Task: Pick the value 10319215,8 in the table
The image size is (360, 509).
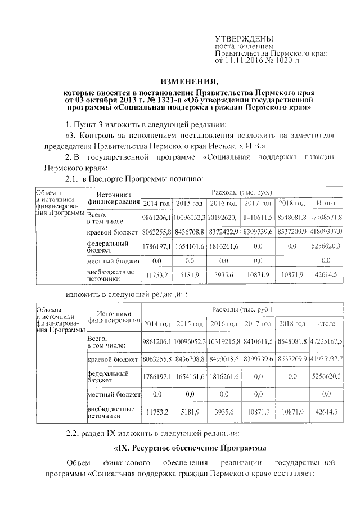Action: pos(223,341)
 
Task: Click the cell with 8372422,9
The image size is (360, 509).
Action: pos(223,231)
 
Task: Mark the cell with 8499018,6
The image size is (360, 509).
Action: pos(223,358)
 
